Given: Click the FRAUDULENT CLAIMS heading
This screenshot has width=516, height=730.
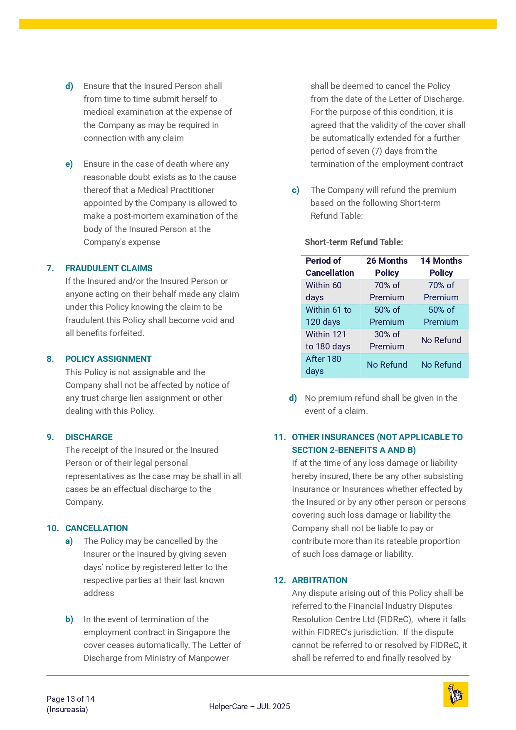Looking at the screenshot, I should [x=109, y=268].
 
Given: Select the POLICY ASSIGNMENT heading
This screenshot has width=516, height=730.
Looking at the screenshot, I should [x=108, y=359].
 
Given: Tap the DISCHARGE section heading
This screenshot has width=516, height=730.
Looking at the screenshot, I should [x=89, y=437].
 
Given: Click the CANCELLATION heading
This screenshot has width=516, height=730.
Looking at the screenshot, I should [x=96, y=528].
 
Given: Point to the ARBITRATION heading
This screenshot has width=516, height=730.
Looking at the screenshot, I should [x=319, y=580].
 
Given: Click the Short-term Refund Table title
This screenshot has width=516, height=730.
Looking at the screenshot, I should [x=354, y=242].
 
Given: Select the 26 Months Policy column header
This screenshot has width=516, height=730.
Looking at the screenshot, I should [x=387, y=267].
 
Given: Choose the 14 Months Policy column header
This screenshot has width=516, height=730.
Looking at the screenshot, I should [x=441, y=267].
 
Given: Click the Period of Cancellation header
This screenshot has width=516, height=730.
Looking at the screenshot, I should [x=330, y=267].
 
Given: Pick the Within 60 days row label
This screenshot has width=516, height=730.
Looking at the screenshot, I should [x=323, y=291].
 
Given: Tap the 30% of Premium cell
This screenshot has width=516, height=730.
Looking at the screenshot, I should [x=387, y=340].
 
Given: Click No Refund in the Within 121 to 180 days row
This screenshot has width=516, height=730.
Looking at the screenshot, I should [x=441, y=340].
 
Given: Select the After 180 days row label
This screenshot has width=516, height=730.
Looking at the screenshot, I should [x=323, y=365].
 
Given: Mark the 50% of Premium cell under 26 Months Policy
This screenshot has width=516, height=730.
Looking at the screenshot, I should [x=387, y=316].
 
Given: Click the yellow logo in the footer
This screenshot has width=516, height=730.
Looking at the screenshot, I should [x=456, y=694].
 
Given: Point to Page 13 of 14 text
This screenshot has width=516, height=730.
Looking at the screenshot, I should [x=71, y=699].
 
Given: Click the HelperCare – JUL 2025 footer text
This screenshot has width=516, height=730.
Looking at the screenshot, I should [x=249, y=706].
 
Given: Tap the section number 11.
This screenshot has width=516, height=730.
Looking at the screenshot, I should [x=279, y=437].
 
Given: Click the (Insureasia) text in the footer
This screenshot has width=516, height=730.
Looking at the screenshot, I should [x=67, y=710].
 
